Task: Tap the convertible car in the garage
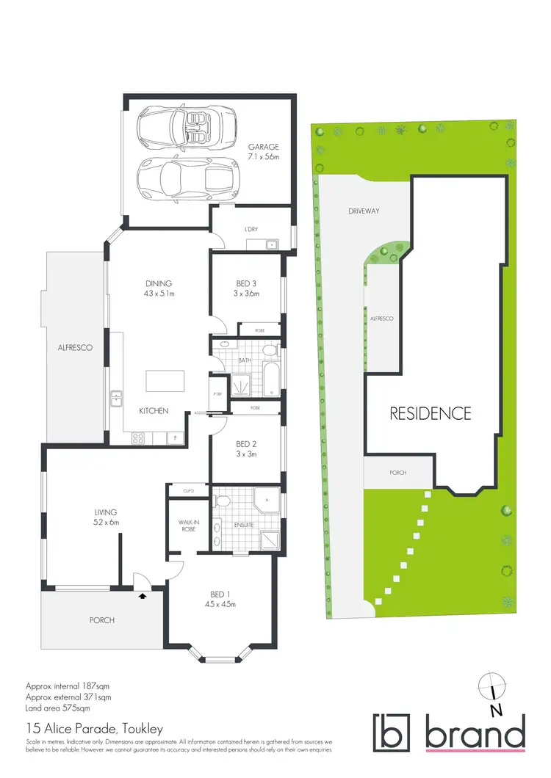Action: (187, 126)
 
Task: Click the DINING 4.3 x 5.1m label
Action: (159, 288)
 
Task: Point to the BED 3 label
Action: (246, 288)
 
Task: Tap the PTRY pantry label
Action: (217, 394)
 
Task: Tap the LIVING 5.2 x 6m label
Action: (106, 517)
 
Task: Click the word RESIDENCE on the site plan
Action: (430, 413)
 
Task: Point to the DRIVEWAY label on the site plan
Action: (364, 211)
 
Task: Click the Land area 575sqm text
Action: (58, 708)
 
